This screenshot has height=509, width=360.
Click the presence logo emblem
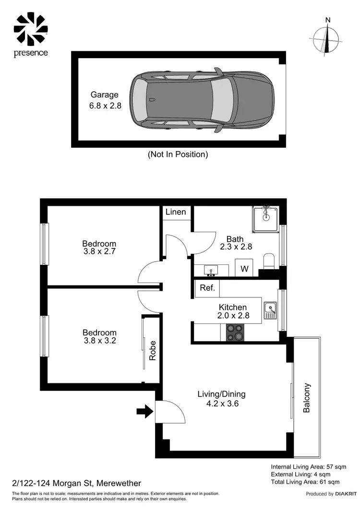point(31,29)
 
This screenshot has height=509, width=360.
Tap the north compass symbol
point(327,39)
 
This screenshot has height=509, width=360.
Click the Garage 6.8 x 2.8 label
point(105,100)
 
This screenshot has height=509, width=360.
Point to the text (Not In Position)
point(178,154)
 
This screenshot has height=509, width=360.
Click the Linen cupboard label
point(176,212)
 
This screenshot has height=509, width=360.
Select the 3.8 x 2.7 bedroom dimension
point(99,251)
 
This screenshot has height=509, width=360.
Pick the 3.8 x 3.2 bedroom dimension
point(99,341)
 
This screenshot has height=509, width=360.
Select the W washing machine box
point(244,269)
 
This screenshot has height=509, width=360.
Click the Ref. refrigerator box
point(207,289)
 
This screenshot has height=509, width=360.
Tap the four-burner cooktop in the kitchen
point(234,332)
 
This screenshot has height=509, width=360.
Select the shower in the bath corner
point(265,220)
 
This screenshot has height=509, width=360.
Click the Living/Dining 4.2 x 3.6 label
point(221,399)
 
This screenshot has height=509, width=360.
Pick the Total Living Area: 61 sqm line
point(305,482)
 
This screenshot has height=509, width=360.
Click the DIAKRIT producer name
point(345,494)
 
